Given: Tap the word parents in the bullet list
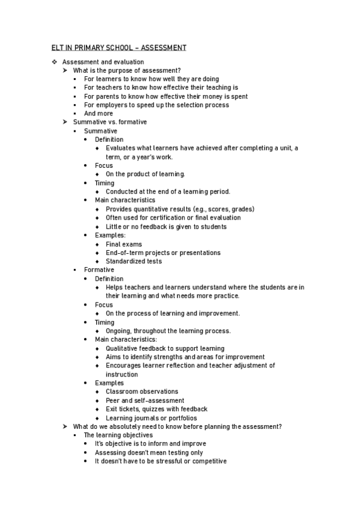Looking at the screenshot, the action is [105, 96].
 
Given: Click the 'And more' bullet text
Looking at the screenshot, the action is [98, 113].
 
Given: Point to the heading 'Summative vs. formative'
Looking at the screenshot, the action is [109, 122].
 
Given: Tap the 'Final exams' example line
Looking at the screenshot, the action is [124, 244].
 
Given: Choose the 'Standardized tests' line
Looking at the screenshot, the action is [133, 262].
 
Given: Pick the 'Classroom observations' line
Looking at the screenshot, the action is [142, 392].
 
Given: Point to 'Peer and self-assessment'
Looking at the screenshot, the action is [145, 401].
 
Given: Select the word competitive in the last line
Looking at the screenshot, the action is [206, 461].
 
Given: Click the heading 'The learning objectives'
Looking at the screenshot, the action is [118, 435].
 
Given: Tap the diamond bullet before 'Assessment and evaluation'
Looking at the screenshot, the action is [54, 62].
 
